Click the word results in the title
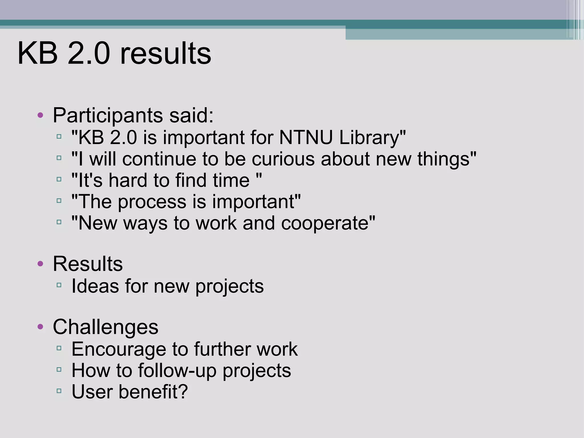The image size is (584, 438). pos(165,54)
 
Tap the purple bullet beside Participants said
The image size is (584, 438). pos(40,115)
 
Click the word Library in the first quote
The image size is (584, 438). pos(372,138)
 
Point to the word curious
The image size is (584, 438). pos(283,159)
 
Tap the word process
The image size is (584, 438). pos(152,202)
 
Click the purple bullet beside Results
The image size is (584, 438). pos(40,264)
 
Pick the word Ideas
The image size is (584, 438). pos(95,286)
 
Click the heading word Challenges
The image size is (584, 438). pos(106,327)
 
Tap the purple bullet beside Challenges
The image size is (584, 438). pos(40,327)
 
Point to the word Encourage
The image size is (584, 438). pos(119,349)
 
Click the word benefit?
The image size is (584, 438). pos(153,392)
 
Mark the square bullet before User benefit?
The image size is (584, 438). pos(59,391)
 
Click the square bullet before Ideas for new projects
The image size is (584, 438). pos(59,285)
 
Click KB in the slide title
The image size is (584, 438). pos(37,54)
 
